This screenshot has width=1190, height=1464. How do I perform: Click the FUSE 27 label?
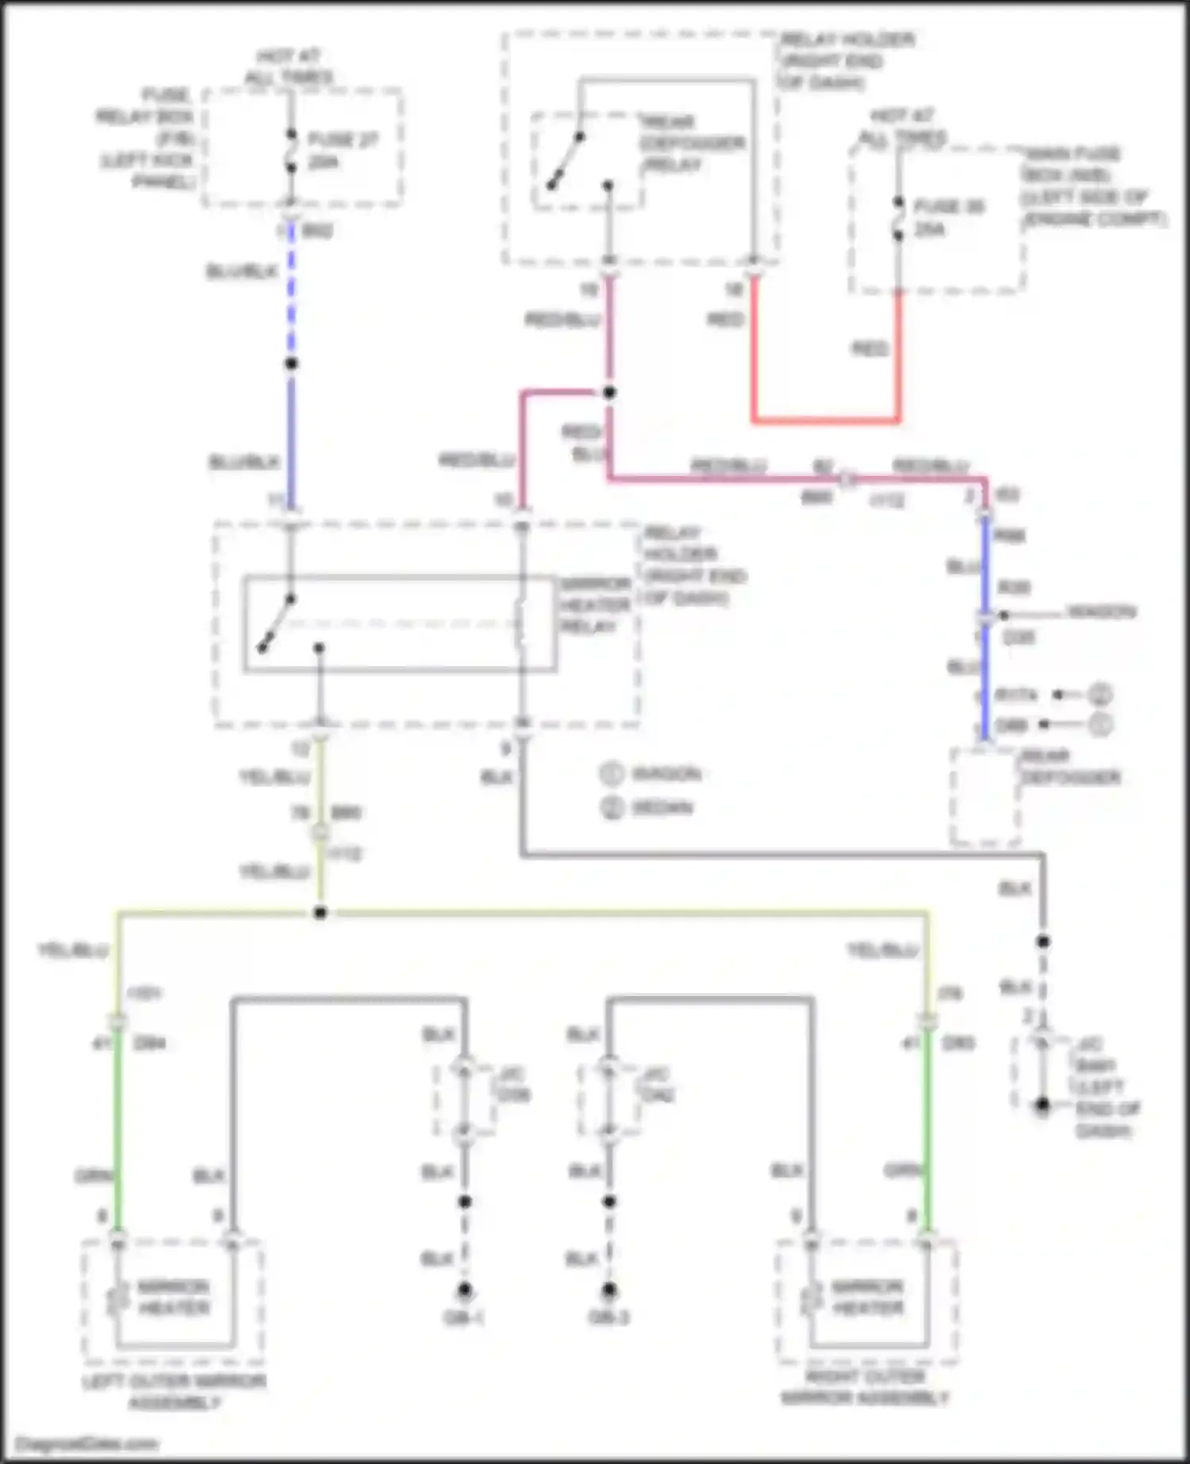click(342, 140)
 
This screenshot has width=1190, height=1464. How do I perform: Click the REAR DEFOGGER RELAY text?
click(692, 144)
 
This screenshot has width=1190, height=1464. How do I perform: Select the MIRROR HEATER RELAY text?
click(595, 605)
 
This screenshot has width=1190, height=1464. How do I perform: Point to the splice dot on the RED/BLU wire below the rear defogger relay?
click(609, 393)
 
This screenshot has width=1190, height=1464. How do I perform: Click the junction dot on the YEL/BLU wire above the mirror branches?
click(320, 914)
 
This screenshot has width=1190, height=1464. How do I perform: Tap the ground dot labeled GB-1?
click(465, 1290)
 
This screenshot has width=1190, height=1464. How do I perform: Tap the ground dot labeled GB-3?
click(609, 1290)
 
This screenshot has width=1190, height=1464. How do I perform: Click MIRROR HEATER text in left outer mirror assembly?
click(174, 1297)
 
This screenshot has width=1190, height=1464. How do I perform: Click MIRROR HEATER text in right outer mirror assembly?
click(867, 1297)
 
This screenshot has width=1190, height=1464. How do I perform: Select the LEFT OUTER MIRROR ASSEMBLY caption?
click(174, 1392)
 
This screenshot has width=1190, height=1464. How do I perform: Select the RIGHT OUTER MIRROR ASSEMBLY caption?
click(865, 1388)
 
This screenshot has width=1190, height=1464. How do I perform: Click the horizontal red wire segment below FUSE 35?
click(825, 420)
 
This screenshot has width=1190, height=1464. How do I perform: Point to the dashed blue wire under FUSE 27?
click(291, 293)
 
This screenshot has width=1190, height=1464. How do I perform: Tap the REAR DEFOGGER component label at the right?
click(1070, 767)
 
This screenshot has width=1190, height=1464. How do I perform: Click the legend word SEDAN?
click(662, 808)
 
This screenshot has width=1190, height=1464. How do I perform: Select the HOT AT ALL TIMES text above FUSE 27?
click(289, 67)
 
